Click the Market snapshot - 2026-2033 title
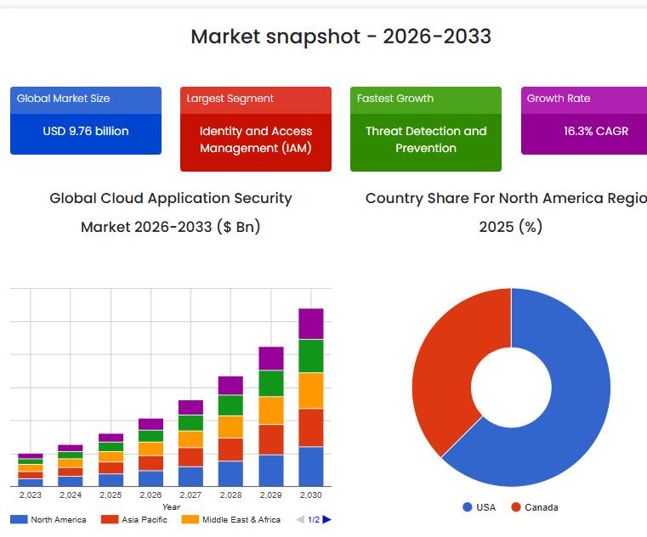click(x=340, y=37)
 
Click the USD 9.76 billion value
click(x=86, y=132)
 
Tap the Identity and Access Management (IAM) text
click(x=256, y=139)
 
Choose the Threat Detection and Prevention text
click(x=426, y=139)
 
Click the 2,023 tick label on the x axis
click(x=31, y=495)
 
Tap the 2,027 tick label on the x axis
click(x=190, y=495)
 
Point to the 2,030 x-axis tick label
click(x=310, y=495)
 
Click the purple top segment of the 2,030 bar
click(x=310, y=324)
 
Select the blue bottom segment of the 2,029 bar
click(x=271, y=470)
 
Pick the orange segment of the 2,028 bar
click(x=230, y=427)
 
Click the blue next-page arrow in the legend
click(x=327, y=519)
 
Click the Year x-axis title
click(x=171, y=506)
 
